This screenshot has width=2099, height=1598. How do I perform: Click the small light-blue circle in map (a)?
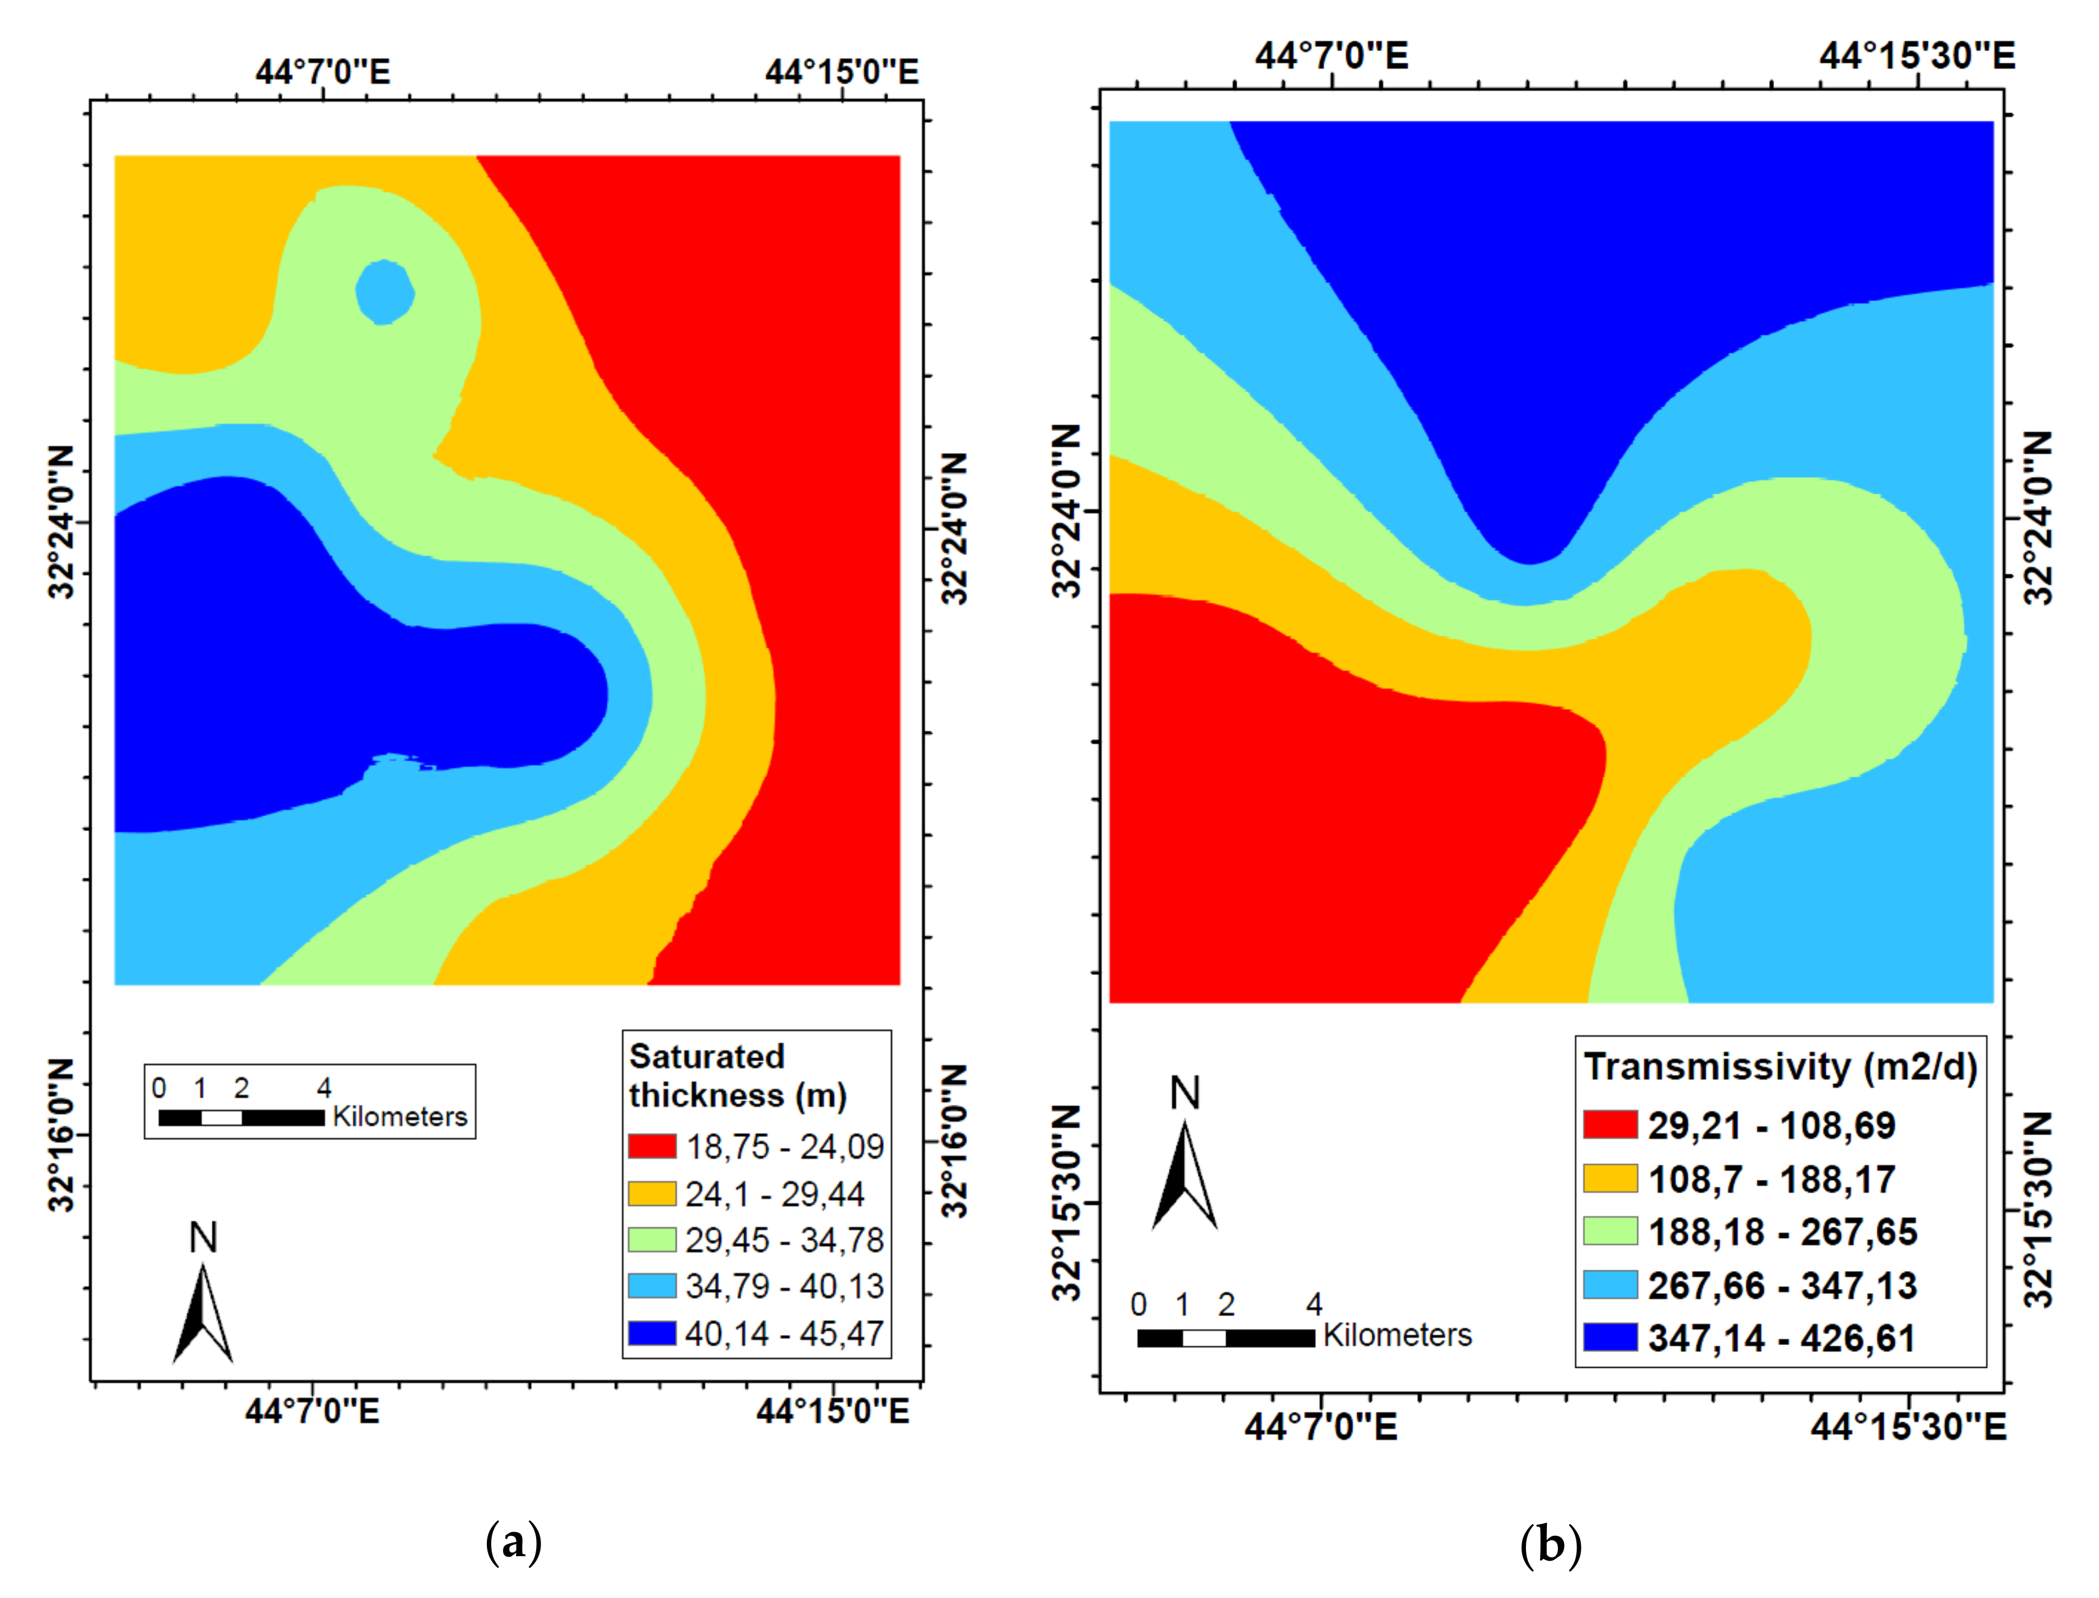[x=384, y=292]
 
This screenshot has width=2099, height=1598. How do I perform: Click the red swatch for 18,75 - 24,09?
[x=651, y=1146]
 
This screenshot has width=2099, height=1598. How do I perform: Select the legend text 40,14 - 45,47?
[x=784, y=1333]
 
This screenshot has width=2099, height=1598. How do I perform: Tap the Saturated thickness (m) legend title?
[x=737, y=1076]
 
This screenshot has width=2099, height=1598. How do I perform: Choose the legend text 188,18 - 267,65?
[x=1781, y=1232]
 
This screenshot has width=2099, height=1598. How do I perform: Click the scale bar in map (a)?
[x=241, y=1118]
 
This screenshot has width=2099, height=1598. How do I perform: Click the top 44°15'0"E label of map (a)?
[x=841, y=72]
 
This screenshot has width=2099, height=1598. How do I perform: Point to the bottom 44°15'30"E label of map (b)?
[x=1907, y=1427]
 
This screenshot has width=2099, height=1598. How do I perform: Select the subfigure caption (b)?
[x=1550, y=1544]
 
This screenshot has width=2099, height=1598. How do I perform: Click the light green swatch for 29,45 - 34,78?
[x=651, y=1239]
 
